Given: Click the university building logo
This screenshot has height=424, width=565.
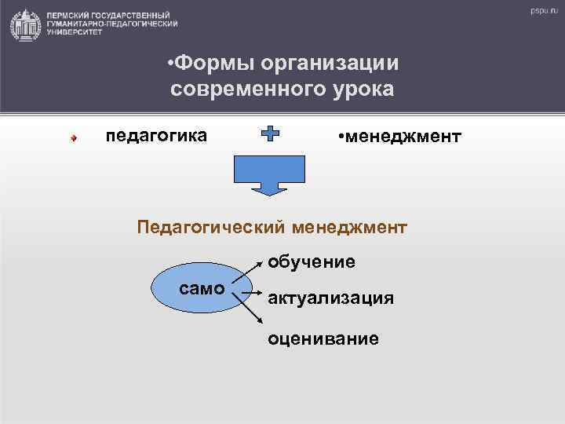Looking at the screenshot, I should (25, 24).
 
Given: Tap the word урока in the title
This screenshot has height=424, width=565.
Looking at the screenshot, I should (362, 88).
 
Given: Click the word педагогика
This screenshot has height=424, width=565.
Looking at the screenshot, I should (156, 135).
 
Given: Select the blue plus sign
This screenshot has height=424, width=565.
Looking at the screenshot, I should (269, 135).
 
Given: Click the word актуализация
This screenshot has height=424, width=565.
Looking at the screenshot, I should (330, 298).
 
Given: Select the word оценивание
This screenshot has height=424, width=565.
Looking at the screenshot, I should (323, 338).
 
